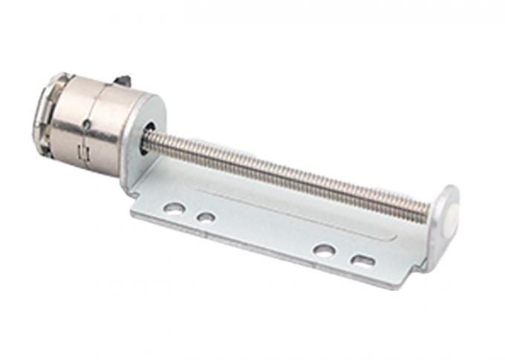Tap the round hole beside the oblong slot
[323, 251]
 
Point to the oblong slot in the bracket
[363, 261]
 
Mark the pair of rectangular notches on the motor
[84, 151]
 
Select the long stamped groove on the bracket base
[297, 215]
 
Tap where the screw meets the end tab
[429, 210]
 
